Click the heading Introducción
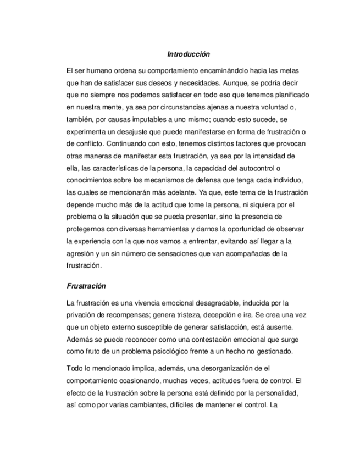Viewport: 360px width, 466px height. (x=189, y=54)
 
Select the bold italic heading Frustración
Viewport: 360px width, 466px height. (x=86, y=286)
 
